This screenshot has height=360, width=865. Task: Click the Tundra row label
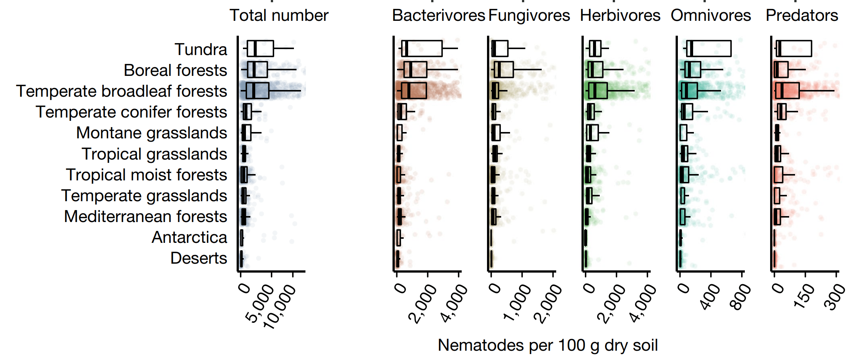coord(201,49)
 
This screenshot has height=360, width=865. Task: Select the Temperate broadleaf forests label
coord(121,91)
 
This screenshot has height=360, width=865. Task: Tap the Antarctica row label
coord(189,237)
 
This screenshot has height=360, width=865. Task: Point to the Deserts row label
coord(198,258)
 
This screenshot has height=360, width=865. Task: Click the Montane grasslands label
coord(151,133)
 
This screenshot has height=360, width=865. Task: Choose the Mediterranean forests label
coord(145,216)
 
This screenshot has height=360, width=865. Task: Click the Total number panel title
coord(279,16)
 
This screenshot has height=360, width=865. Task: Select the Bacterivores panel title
coord(438,16)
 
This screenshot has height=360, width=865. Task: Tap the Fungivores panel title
coord(529,16)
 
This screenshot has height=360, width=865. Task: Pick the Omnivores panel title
coord(711,16)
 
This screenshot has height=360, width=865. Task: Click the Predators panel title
coord(802,16)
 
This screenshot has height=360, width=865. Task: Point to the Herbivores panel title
coord(620,16)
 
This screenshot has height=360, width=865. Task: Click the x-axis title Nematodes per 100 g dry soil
coord(548,345)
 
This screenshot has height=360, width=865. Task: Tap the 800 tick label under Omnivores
coord(740,296)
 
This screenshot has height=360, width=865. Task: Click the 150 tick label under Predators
coord(804,296)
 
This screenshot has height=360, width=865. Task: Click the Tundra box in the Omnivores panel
coord(709,49)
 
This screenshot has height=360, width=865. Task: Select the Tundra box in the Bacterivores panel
coord(422,49)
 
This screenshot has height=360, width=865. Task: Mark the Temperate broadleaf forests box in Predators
coord(787,91)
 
